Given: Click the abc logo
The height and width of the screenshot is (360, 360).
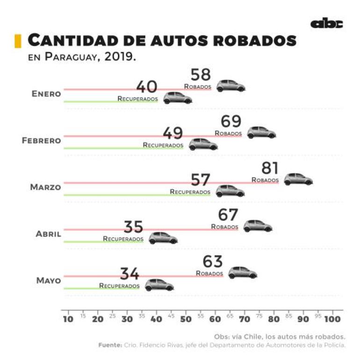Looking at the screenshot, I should click(326, 24).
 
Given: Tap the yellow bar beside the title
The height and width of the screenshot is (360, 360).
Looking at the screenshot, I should click(18, 41).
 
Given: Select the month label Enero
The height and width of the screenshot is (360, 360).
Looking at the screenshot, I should click(46, 94).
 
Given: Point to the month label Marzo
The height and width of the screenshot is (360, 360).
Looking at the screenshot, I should click(45, 187).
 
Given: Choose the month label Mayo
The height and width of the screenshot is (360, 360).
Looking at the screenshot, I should click(49, 281).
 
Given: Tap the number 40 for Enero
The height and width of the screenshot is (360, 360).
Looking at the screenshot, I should click(147, 87).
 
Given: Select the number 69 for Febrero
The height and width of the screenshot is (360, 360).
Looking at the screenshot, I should click(231, 122).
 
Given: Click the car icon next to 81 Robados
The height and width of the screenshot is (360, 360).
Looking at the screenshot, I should click(298, 179).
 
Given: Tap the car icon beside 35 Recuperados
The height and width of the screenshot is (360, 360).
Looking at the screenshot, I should click(163, 238).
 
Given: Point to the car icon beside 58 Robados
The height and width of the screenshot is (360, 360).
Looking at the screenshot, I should click(230, 86).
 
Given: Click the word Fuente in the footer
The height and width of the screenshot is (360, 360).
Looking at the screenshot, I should click(110, 345).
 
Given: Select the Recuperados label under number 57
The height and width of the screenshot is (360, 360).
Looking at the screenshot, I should click(190, 192).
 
